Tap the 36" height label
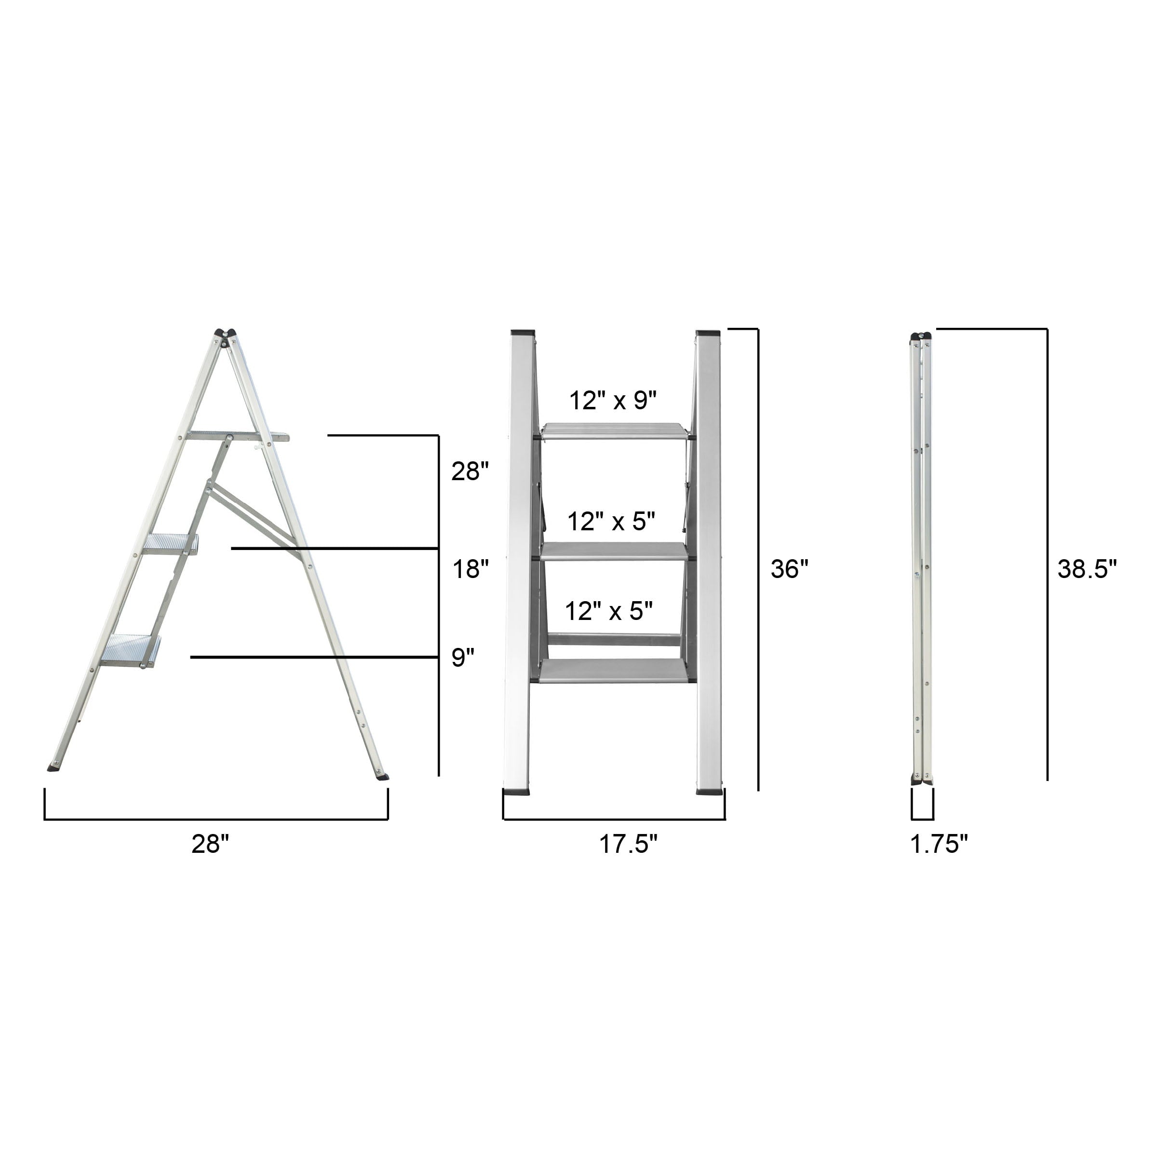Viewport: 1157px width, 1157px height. (x=789, y=569)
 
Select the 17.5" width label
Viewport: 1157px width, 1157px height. (x=628, y=845)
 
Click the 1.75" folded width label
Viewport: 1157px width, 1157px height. (x=939, y=845)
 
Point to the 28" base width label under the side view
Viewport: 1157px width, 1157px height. (x=210, y=845)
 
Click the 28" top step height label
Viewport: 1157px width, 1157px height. (x=470, y=472)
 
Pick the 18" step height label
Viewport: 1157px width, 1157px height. (x=470, y=569)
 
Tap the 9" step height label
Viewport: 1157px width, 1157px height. (x=462, y=658)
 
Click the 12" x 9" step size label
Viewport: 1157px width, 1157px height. (x=613, y=401)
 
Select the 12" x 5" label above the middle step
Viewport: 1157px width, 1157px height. (x=611, y=522)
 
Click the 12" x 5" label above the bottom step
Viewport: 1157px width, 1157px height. (x=608, y=611)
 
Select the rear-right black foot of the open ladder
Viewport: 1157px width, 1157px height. (x=381, y=777)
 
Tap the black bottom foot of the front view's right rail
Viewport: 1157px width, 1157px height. (x=710, y=792)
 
